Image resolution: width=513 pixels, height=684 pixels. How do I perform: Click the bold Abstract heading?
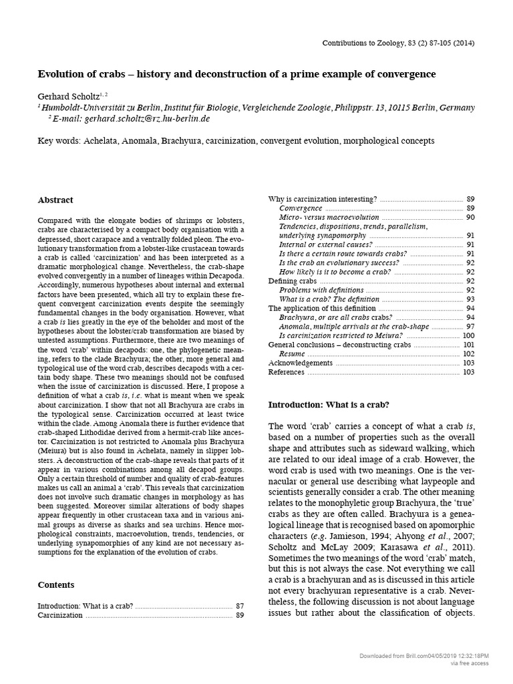55,200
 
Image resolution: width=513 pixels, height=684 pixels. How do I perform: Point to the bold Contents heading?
56,584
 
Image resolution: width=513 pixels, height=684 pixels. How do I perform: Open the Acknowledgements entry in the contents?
300,363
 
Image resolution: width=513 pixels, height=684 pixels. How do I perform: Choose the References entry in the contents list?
287,372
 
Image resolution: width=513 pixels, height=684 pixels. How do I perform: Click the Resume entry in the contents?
293,353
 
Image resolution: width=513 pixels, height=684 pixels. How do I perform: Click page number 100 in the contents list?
468,335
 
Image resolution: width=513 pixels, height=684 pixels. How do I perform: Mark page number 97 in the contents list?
470,327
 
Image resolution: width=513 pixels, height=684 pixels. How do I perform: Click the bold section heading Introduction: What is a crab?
328,404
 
